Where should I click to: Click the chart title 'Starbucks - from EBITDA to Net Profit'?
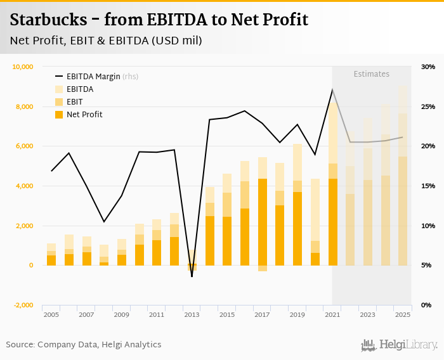point(159,20)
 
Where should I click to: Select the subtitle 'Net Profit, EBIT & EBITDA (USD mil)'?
point(106,41)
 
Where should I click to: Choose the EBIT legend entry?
point(75,102)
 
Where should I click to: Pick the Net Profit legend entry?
point(84,115)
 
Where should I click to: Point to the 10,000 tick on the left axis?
point(22,67)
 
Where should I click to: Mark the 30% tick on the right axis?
point(428,67)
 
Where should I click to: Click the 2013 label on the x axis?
point(192,314)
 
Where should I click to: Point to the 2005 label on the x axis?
point(51,314)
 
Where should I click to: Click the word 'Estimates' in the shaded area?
point(371,74)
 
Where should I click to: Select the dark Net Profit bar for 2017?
point(262,222)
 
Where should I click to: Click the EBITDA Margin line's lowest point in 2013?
point(192,276)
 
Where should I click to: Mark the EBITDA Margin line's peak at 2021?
point(332,89)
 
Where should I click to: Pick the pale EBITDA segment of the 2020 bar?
point(315,209)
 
